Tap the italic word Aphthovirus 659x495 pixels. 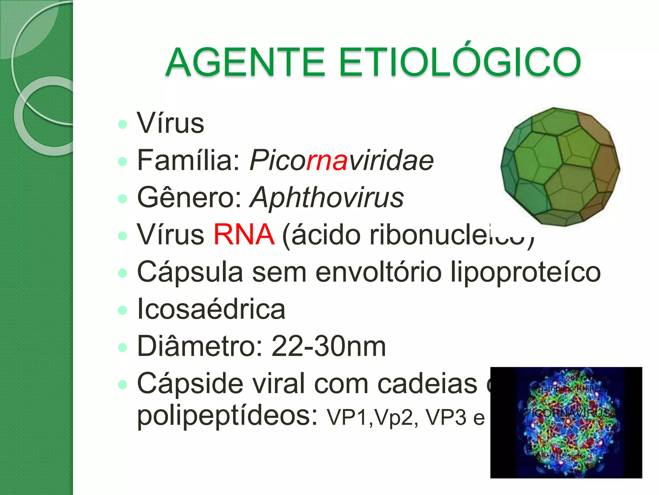click(x=327, y=198)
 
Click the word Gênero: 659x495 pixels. click(x=190, y=198)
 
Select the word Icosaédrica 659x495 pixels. click(x=211, y=309)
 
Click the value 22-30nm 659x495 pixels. click(x=329, y=346)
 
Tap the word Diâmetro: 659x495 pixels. click(x=200, y=346)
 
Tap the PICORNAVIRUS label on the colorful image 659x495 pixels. click(x=566, y=413)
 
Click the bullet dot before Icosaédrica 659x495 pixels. click(x=123, y=310)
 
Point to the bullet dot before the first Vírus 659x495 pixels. click(x=123, y=124)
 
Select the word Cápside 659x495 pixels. click(x=190, y=383)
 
